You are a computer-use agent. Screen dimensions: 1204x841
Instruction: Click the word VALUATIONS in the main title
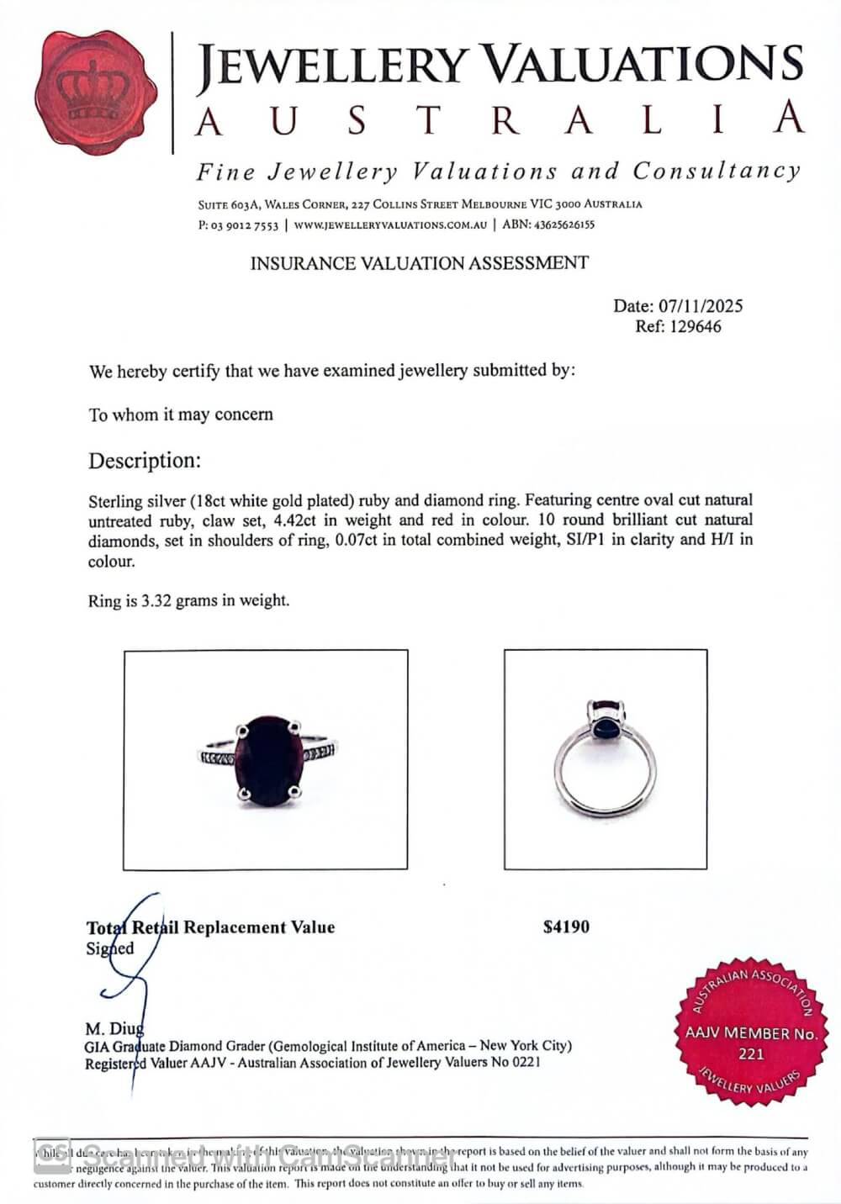click(x=646, y=66)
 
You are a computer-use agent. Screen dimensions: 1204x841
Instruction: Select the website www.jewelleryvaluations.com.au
click(x=390, y=225)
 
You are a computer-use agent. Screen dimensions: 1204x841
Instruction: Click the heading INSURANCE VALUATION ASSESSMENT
click(x=419, y=263)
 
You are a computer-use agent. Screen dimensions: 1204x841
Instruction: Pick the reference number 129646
click(x=695, y=327)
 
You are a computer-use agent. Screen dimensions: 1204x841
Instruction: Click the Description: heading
click(x=145, y=461)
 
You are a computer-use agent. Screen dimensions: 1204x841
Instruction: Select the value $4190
click(x=566, y=927)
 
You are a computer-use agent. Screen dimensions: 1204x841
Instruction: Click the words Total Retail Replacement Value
click(x=210, y=927)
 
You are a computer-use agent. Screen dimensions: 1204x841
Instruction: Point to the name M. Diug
click(x=114, y=1028)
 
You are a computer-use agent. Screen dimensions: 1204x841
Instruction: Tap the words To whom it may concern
click(x=181, y=415)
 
